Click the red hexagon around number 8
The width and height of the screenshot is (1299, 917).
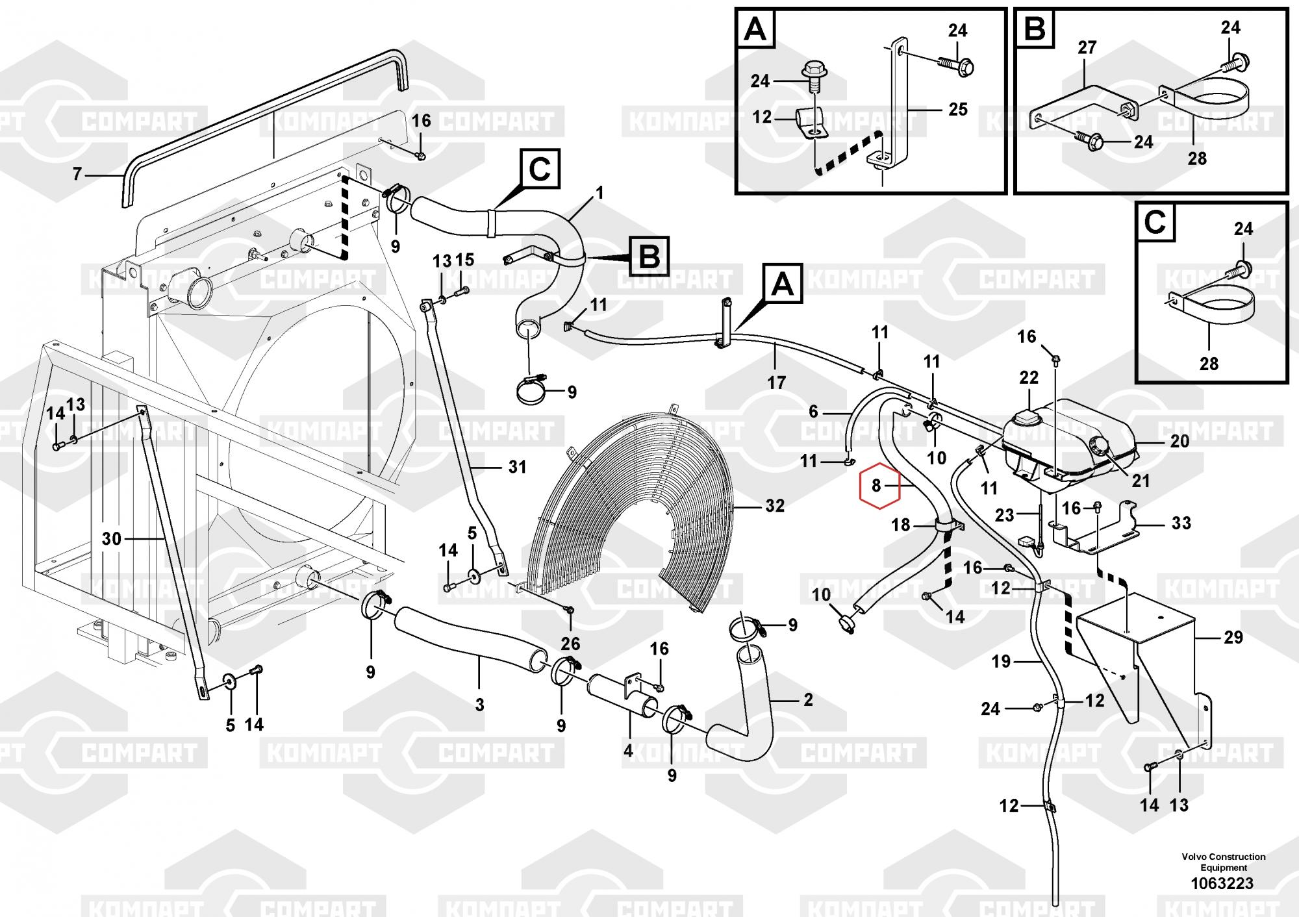click(x=879, y=485)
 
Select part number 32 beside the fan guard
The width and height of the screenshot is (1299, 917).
click(x=774, y=505)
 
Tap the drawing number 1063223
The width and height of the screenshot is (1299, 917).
click(x=1223, y=883)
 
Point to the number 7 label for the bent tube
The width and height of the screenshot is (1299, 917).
click(x=77, y=174)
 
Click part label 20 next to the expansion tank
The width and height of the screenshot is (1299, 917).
click(x=1179, y=442)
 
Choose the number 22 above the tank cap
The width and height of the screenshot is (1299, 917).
click(x=1029, y=377)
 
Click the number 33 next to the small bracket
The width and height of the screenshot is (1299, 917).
click(x=1181, y=523)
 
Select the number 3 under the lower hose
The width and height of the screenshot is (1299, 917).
click(x=479, y=705)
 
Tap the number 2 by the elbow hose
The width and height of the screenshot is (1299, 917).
click(x=808, y=699)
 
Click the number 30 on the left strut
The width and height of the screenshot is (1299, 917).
click(x=112, y=538)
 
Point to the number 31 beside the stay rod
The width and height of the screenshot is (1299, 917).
click(x=517, y=466)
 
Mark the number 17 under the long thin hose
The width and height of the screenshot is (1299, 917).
click(x=777, y=383)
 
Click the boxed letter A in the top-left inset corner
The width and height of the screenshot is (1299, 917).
click(x=755, y=30)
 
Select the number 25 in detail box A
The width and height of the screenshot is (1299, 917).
click(x=958, y=109)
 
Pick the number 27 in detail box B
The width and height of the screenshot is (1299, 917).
click(x=1087, y=47)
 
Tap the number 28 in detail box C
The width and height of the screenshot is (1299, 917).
click(x=1209, y=364)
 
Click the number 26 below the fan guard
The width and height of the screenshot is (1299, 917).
click(x=570, y=644)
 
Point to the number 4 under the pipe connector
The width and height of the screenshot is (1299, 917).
click(x=628, y=750)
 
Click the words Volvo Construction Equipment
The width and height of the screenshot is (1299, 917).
click(x=1224, y=862)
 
